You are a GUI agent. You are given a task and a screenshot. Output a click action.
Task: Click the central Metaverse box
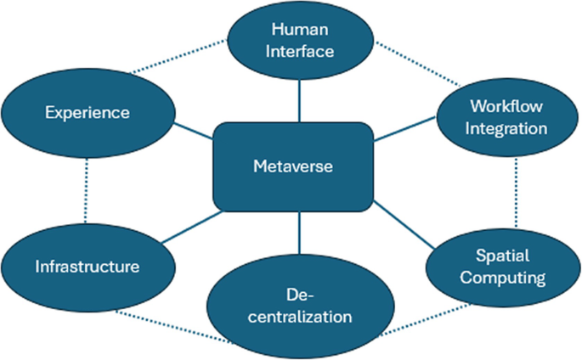[293, 166]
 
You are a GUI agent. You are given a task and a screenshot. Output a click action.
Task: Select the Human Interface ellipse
[300, 41]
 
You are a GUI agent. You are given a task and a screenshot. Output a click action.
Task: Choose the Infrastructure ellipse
[88, 267]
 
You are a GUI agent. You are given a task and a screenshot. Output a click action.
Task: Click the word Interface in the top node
[300, 51]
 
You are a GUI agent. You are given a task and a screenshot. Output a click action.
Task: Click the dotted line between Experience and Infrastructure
[87, 191]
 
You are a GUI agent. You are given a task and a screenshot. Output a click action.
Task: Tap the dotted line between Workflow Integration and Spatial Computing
[516, 191]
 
